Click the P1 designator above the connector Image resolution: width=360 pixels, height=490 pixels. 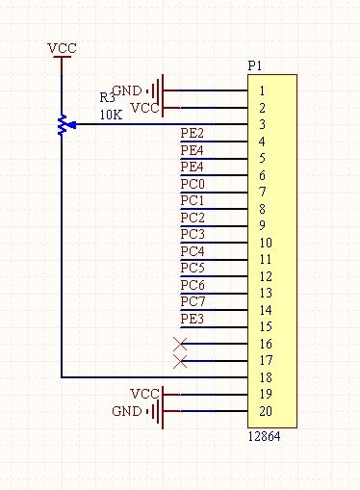(255, 65)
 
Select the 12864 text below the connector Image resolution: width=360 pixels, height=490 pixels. (264, 436)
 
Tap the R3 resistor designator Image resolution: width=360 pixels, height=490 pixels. (107, 98)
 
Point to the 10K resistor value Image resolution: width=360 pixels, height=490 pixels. (110, 115)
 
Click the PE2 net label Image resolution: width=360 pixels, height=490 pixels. (193, 133)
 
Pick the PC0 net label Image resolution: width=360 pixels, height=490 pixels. (193, 183)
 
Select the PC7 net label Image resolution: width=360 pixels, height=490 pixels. (193, 301)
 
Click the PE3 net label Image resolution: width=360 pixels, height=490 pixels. (193, 319)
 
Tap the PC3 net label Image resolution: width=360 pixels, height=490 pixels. (193, 234)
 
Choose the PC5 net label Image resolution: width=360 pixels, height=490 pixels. (193, 268)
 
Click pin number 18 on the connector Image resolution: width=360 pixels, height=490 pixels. (266, 377)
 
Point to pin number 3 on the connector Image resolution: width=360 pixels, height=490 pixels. (262, 125)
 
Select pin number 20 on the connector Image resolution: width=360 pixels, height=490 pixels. (266, 411)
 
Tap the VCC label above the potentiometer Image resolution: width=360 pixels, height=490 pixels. (62, 48)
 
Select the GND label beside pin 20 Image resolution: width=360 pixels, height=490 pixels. (126, 411)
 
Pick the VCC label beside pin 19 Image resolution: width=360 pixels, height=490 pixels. (144, 394)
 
